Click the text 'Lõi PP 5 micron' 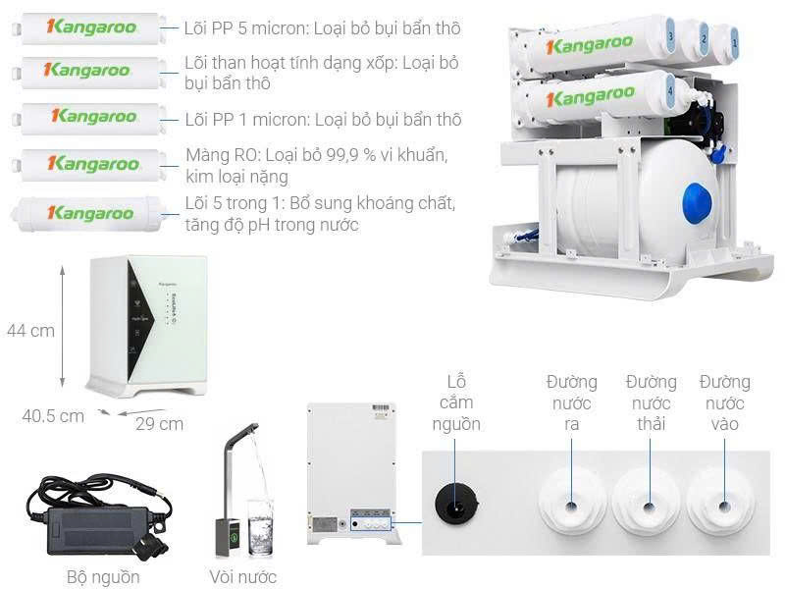click(x=244, y=28)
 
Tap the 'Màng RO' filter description click(x=316, y=166)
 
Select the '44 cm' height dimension click(x=30, y=331)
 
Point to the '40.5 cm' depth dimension click(x=53, y=416)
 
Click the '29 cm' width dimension click(x=159, y=424)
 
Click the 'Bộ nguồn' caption click(x=103, y=577)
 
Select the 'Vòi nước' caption click(x=242, y=577)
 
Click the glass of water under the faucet click(x=260, y=527)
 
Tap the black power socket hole click(x=455, y=504)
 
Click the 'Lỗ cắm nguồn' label click(x=456, y=402)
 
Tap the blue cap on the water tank click(x=697, y=203)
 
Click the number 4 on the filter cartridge click(x=670, y=91)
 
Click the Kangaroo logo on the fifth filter click(x=90, y=213)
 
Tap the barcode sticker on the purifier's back click(x=383, y=411)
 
